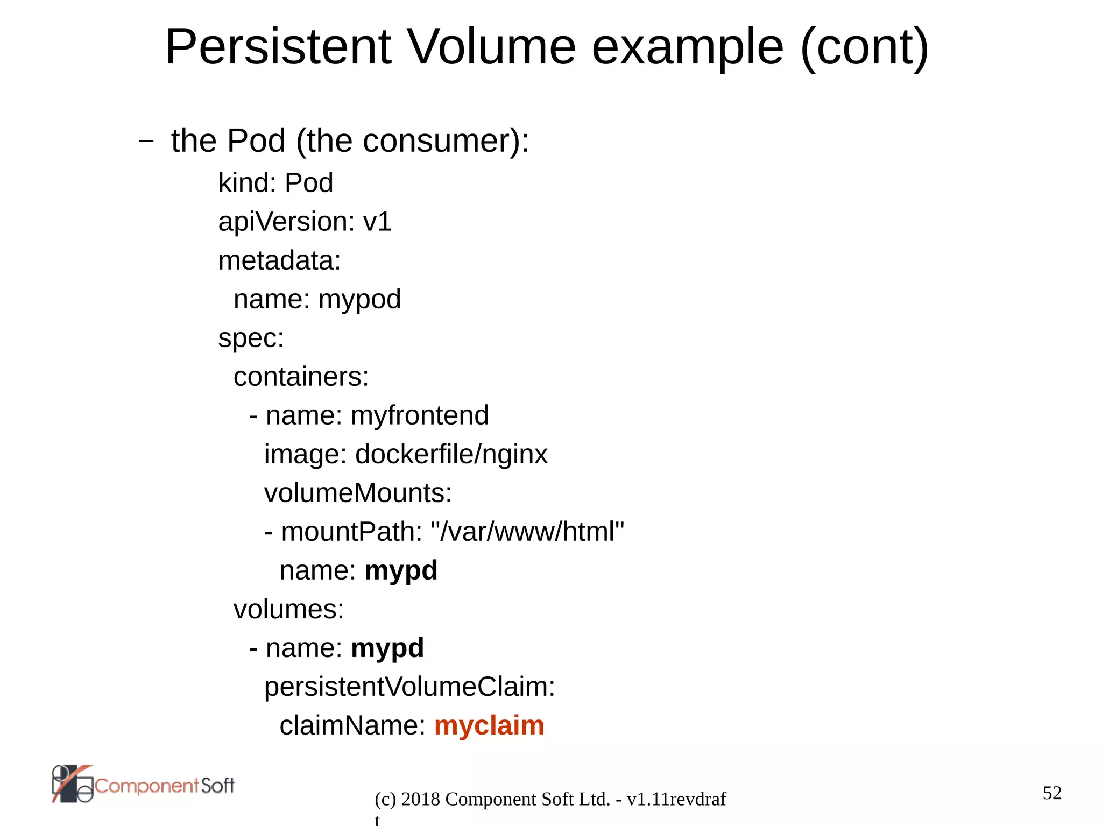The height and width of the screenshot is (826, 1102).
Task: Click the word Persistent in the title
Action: tap(278, 47)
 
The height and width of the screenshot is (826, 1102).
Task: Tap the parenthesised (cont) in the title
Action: tap(864, 47)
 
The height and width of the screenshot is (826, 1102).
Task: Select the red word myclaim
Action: tap(489, 725)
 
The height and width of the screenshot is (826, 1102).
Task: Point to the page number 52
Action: tap(1052, 793)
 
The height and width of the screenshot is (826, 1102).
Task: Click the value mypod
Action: tap(359, 299)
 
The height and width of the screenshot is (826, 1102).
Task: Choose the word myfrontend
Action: tap(420, 415)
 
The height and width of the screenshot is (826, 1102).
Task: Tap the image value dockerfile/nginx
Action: tap(451, 454)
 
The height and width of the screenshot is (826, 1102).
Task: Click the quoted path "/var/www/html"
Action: tap(527, 532)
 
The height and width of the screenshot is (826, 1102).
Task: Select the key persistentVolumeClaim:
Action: tap(409, 687)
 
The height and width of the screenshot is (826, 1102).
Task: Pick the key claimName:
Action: tap(352, 725)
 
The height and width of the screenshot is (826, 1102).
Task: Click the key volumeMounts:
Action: tap(358, 493)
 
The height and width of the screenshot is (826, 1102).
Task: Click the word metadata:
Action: tap(279, 260)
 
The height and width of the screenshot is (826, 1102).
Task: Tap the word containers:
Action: tap(301, 377)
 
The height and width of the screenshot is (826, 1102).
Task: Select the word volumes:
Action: tap(288, 609)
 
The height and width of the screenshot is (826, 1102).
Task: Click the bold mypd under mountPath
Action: tap(401, 570)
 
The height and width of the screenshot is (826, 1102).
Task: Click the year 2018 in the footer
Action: tap(421, 799)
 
